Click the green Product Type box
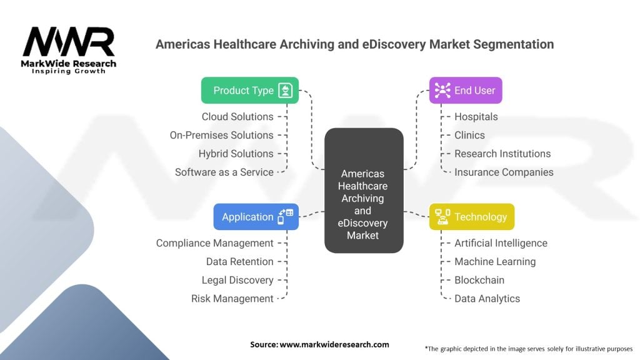pos(249,91)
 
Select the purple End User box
pos(466,91)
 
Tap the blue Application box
pos(256,217)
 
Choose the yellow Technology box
pos(472,217)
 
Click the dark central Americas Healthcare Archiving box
pos(363,191)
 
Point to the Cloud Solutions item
pos(237,117)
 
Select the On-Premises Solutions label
pos(221,135)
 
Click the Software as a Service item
pos(224,172)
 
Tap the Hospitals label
pos(476,117)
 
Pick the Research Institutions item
pos(502,154)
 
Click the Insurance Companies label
pos(503,172)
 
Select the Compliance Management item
pos(214,243)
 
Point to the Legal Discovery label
pos(237,280)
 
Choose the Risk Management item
pos(232,299)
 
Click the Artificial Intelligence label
pos(500,243)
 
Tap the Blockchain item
pos(479,280)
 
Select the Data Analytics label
pos(487,299)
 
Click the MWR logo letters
pos(69,42)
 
